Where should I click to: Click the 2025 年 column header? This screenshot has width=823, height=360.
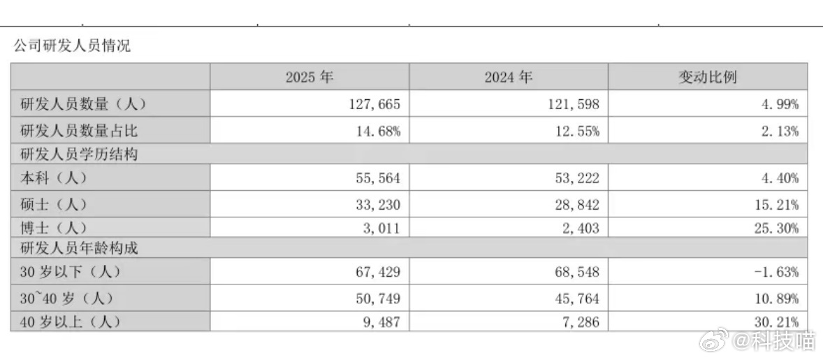click(309, 78)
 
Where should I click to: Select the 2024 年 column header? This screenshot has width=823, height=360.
click(508, 78)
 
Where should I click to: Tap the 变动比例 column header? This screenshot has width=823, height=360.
click(707, 78)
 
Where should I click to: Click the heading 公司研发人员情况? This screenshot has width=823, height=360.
click(72, 47)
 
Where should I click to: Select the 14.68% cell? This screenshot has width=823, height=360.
click(377, 131)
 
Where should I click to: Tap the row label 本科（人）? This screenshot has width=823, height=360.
click(54, 179)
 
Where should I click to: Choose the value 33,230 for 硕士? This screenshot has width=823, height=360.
click(377, 205)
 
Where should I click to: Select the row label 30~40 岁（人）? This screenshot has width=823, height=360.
click(67, 297)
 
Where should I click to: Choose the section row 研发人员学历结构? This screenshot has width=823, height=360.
click(73, 154)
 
